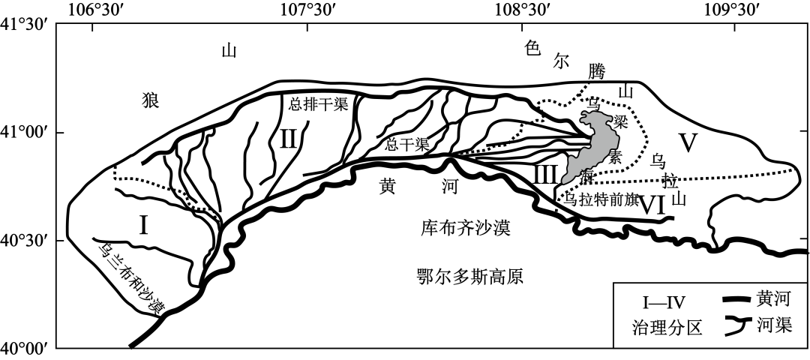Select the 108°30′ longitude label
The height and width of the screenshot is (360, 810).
[520, 10]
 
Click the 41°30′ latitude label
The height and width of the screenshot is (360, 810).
[27, 25]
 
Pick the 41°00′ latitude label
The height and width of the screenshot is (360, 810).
[27, 133]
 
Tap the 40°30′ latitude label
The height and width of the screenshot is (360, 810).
[27, 241]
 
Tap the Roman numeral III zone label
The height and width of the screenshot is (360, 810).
[545, 175]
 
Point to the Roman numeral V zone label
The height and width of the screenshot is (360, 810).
[688, 141]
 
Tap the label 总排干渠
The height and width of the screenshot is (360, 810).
[319, 103]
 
